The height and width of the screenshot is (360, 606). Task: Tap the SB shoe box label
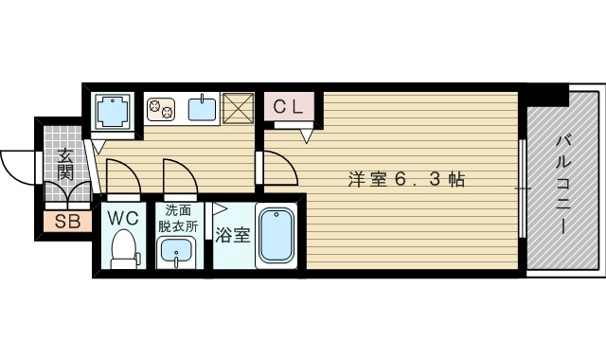(x=66, y=224)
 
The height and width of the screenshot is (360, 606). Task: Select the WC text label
(x=122, y=218)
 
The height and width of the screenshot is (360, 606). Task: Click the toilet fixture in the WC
(x=123, y=250)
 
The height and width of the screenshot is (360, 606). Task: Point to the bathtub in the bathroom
(x=276, y=237)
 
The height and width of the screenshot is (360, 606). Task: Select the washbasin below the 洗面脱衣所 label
(x=175, y=252)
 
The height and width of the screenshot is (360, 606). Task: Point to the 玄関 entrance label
(x=65, y=165)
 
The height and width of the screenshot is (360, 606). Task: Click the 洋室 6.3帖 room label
(x=405, y=178)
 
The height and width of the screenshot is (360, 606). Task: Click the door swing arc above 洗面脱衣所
(x=180, y=175)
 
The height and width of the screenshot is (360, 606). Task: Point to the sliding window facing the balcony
(x=523, y=189)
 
